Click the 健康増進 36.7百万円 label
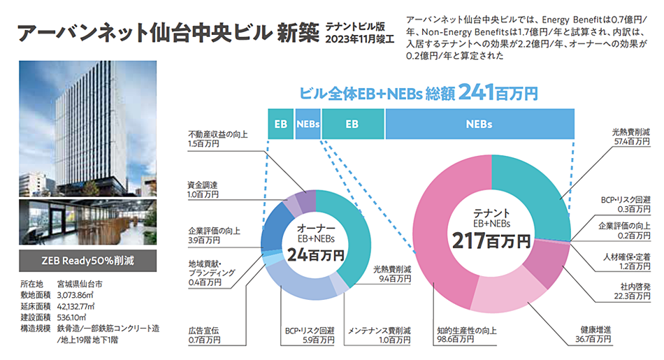[x=593, y=333]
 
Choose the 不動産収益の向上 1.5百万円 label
[x=217, y=138]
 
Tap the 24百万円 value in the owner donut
[x=316, y=254]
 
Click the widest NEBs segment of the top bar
[x=479, y=124]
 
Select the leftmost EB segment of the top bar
[x=280, y=124]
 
